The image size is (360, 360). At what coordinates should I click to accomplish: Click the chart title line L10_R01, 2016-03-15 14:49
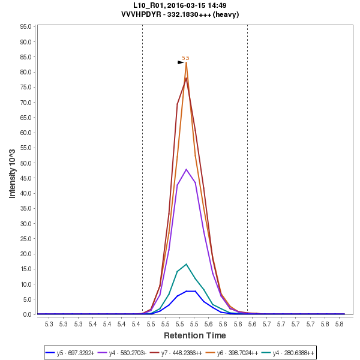click(180, 5)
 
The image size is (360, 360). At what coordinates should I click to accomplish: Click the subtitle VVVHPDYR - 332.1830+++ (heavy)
click(180, 14)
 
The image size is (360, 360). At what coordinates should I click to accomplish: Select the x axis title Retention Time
click(195, 335)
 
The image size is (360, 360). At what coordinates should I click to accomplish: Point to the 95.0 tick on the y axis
click(26, 27)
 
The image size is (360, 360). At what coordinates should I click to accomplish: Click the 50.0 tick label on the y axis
click(26, 163)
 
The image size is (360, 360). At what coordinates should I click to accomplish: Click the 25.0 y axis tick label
click(26, 239)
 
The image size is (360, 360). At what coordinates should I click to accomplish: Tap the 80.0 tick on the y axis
click(26, 72)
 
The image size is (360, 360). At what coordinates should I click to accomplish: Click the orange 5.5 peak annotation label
click(186, 58)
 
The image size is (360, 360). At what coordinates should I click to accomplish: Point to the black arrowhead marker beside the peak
click(181, 62)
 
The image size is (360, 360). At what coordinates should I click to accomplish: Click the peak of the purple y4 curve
click(187, 169)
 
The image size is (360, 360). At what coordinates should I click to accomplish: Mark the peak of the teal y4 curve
click(187, 264)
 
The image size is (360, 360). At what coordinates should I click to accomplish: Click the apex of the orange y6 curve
click(187, 62)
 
